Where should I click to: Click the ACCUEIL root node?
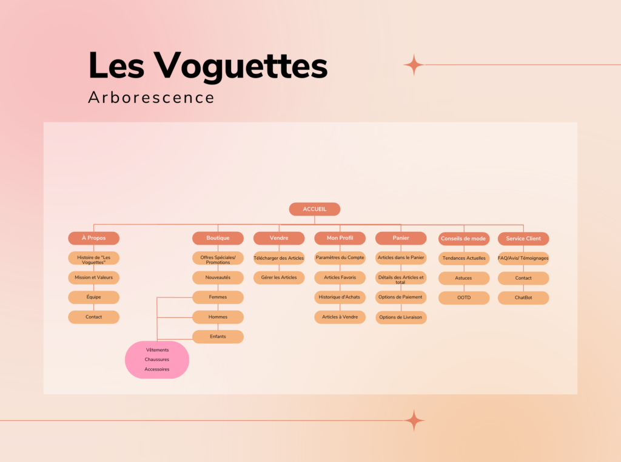point(315,210)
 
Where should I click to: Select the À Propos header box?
point(94,238)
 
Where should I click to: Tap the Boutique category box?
point(218,238)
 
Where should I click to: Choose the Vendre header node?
point(279,238)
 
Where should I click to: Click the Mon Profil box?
point(340,238)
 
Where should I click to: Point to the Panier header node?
point(401,238)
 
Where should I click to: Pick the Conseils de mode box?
point(464,239)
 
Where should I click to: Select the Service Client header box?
point(523,239)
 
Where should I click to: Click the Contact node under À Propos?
point(94,317)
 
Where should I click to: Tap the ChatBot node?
point(523,298)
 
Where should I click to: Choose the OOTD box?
point(464,298)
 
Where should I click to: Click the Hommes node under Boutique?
point(218,317)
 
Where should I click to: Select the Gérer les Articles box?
point(279,278)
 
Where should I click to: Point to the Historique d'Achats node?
point(340,297)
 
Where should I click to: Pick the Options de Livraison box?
point(401,317)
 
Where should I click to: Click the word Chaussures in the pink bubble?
point(157,360)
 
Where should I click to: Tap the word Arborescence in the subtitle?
point(151,97)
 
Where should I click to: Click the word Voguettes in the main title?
point(241,66)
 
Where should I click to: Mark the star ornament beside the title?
point(414,64)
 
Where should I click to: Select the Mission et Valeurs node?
point(94,278)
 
